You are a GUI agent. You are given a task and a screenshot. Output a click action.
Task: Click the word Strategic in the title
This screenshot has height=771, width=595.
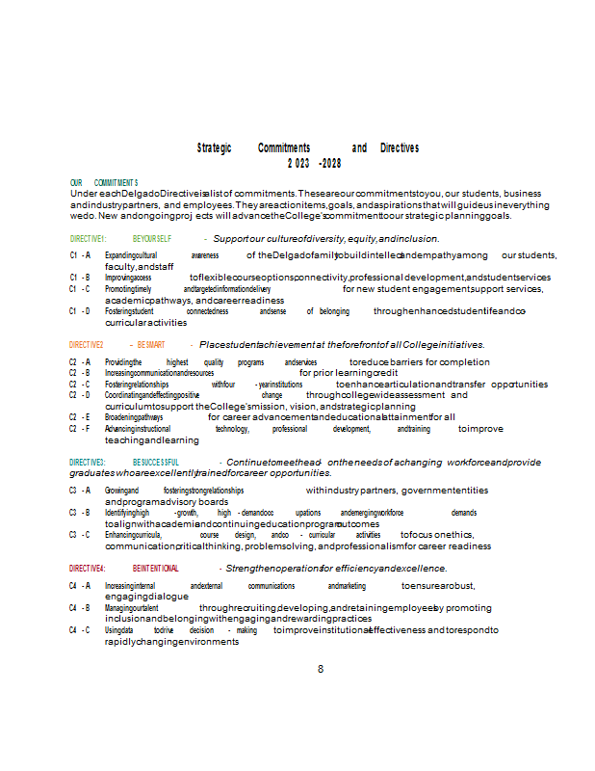pos(214,147)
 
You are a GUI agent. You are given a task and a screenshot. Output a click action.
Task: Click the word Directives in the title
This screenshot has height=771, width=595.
pos(400,147)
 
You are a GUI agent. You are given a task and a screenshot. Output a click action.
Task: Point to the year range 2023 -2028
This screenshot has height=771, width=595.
pos(314,163)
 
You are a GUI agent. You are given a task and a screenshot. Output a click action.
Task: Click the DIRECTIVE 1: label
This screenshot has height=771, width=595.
pos(88,238)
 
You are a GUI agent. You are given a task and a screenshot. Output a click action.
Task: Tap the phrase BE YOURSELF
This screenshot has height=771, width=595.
pos(152,238)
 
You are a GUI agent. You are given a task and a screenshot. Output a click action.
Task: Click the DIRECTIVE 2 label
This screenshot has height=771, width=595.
pos(86,344)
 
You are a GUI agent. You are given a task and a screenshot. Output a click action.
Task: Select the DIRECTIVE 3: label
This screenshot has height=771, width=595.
pos(88,463)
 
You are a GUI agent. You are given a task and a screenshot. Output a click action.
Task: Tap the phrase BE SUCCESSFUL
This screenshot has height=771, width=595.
pos(156,463)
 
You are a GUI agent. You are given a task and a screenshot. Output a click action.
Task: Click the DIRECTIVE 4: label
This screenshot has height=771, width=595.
pos(88,569)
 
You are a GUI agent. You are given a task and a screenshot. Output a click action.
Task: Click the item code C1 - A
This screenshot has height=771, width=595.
pos(80,255)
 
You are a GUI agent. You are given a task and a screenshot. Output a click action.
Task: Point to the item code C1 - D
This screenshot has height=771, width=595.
pos(80,311)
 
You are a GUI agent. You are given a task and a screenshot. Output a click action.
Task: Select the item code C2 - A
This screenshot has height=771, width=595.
pos(80,361)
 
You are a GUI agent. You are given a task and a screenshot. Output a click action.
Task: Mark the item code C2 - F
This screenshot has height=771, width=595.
pos(80,429)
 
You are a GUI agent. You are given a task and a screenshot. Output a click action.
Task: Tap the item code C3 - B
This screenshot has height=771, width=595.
pos(80,513)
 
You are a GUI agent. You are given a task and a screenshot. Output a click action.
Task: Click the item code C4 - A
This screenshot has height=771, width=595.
pos(80,585)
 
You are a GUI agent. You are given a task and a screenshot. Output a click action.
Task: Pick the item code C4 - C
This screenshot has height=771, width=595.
pos(80,629)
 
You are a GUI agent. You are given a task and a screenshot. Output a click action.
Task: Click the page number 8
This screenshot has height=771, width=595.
pos(321,669)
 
